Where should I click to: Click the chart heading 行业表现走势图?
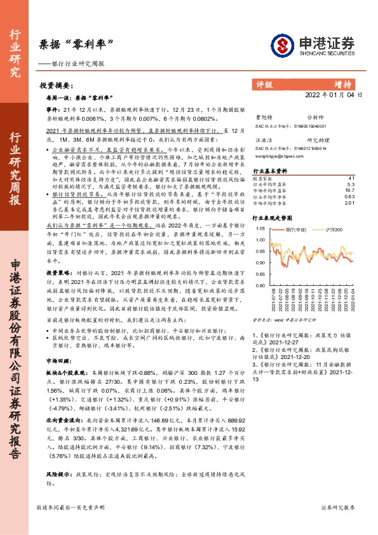pyautogui.click(x=274, y=215)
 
